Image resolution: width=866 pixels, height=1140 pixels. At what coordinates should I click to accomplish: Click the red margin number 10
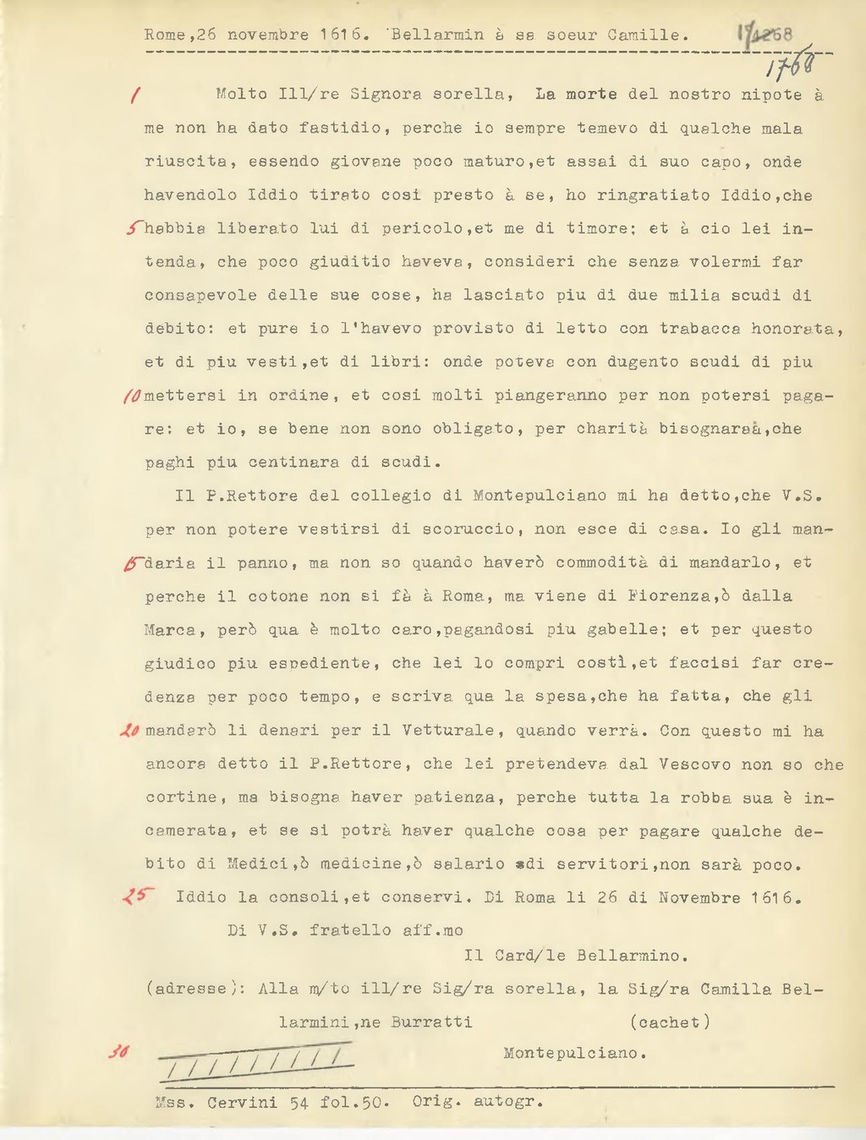click(x=134, y=395)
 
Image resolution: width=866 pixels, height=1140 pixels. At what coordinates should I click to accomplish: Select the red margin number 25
click(x=135, y=896)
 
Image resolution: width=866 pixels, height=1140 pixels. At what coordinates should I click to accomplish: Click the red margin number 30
click(x=118, y=1053)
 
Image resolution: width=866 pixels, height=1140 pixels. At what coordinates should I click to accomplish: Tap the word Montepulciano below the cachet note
click(x=575, y=1054)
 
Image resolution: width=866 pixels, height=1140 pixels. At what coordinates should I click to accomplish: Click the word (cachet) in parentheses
click(x=670, y=1022)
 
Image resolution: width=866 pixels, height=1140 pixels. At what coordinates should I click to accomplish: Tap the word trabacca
click(x=700, y=328)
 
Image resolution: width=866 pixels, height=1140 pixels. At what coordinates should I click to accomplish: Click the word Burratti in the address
click(x=431, y=1022)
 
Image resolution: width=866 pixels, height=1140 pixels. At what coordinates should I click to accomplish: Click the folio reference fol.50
click(x=354, y=1102)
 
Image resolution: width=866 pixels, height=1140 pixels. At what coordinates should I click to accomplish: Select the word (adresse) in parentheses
click(x=189, y=989)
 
